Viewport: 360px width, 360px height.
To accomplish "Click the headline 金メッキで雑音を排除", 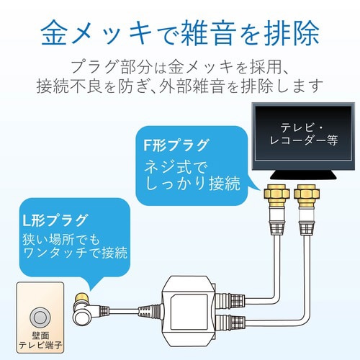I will pyautogui.click(x=179, y=32).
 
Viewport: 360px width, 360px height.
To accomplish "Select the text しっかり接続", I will pyautogui.click(x=189, y=186).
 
